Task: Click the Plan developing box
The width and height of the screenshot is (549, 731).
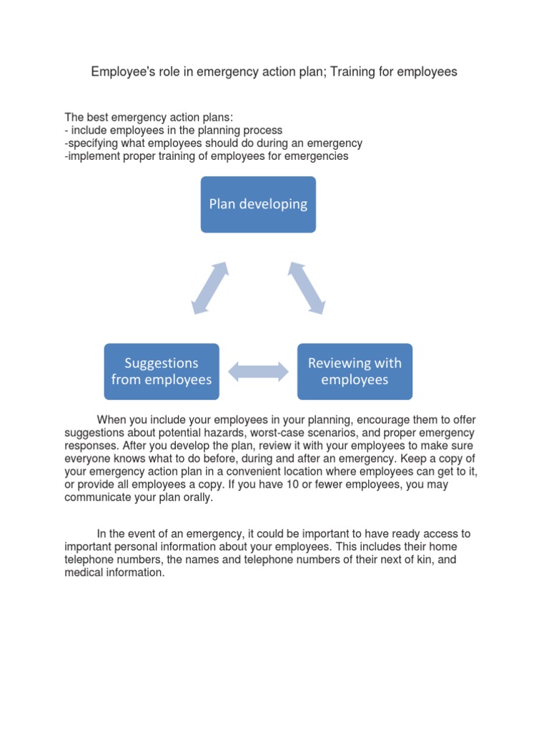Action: pyautogui.click(x=258, y=204)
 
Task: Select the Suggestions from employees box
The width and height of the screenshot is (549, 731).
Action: pyautogui.click(x=162, y=371)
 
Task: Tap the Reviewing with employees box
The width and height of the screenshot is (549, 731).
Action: pyautogui.click(x=355, y=371)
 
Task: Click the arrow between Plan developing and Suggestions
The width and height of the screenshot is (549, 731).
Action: pyautogui.click(x=210, y=288)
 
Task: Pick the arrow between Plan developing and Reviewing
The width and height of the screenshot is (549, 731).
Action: pyautogui.click(x=307, y=288)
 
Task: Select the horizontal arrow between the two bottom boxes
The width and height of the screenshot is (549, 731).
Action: pyautogui.click(x=258, y=370)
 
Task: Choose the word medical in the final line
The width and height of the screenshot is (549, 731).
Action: pyautogui.click(x=85, y=573)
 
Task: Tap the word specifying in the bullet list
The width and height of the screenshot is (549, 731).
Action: pyautogui.click(x=94, y=143)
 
